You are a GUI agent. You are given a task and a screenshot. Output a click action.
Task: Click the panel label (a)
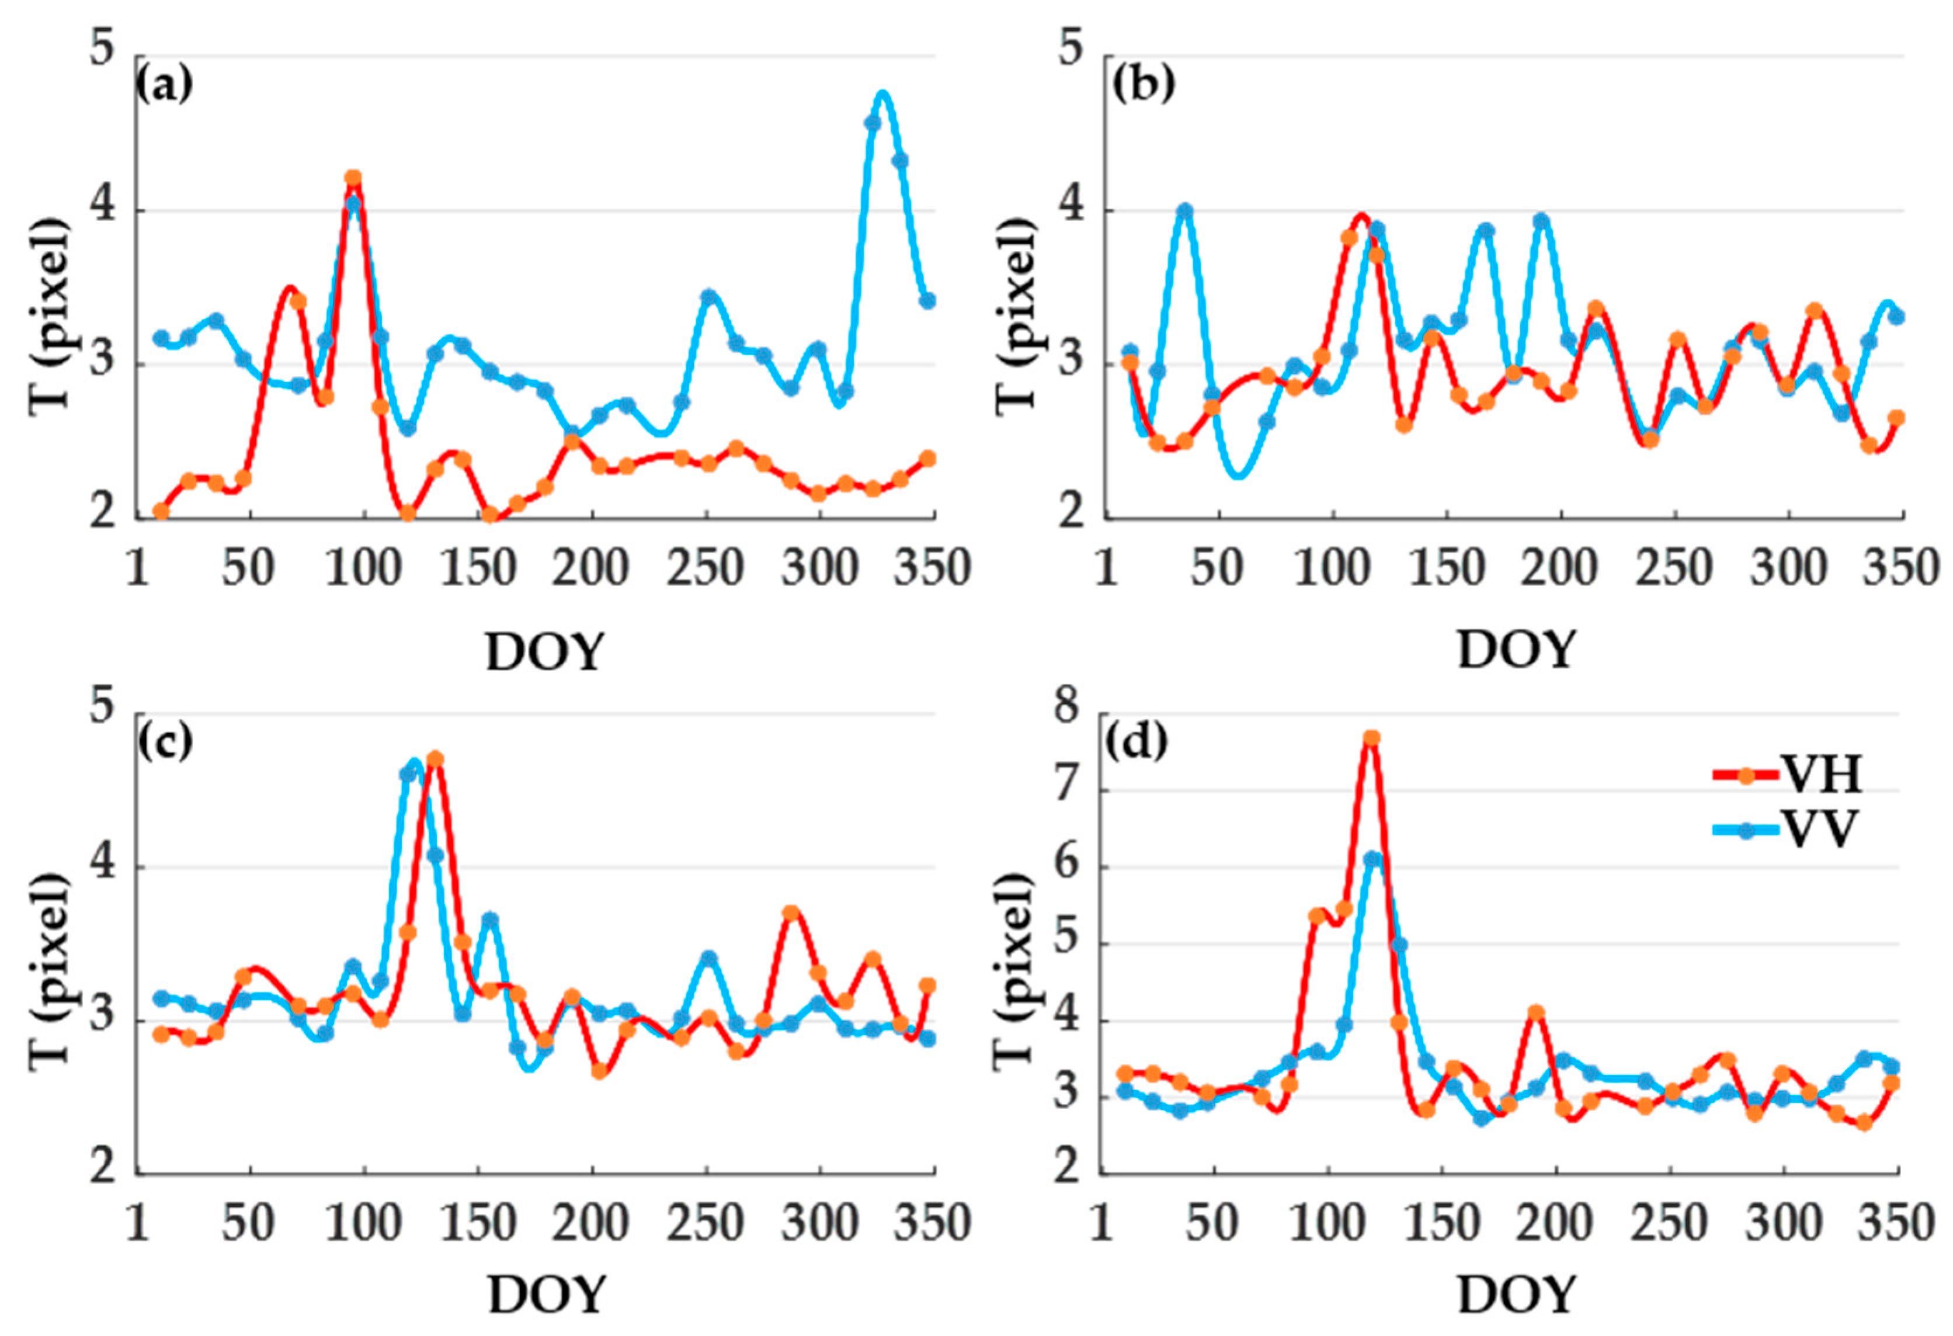164,85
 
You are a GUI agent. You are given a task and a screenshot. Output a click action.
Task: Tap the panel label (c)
164,741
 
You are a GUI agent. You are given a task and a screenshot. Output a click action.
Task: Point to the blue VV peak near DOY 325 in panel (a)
882,94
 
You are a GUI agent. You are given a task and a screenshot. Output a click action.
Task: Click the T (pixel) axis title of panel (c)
50,969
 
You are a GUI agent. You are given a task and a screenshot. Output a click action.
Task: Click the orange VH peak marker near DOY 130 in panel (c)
435,760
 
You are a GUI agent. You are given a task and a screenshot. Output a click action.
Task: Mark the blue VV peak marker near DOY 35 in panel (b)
1185,211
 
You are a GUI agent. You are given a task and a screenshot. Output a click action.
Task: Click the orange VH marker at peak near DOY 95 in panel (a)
353,178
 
